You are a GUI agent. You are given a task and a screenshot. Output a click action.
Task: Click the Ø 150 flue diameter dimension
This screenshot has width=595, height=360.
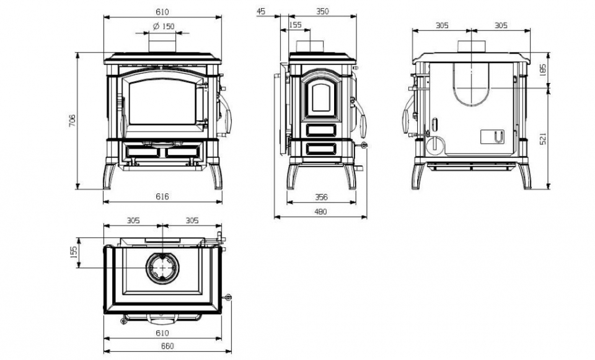pos(164,26)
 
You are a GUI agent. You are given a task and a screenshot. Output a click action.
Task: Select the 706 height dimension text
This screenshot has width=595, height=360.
pos(73,120)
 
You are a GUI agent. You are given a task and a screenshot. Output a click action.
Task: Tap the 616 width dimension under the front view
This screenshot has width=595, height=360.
pos(162,196)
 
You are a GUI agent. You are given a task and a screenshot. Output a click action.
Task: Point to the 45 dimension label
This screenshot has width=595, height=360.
pos(261,11)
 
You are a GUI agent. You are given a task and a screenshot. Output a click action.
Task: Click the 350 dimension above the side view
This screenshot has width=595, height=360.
pos(322,11)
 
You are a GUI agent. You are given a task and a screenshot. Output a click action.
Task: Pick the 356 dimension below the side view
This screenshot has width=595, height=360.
pos(321,197)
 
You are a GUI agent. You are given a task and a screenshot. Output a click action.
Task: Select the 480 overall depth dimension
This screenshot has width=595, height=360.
pos(320,212)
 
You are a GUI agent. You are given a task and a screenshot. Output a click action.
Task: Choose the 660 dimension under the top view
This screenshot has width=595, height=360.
pos(167,346)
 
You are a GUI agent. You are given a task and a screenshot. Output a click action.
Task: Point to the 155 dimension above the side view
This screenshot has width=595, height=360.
pos(295,25)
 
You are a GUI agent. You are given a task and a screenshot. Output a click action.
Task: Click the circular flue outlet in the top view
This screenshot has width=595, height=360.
pos(162,268)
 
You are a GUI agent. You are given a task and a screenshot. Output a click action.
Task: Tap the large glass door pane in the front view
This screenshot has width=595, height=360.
pos(162,103)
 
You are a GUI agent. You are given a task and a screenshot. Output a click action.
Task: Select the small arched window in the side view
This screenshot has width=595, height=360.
pos(321,97)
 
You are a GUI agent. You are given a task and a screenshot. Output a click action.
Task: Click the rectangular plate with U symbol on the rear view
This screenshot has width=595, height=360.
pos(492,137)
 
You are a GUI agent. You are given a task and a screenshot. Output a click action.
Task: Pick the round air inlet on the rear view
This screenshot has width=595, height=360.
pos(435,145)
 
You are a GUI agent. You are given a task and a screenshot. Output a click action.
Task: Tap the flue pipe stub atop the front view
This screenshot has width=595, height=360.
pos(162,43)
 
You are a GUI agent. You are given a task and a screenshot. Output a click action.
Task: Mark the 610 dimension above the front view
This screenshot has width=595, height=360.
pos(162,12)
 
